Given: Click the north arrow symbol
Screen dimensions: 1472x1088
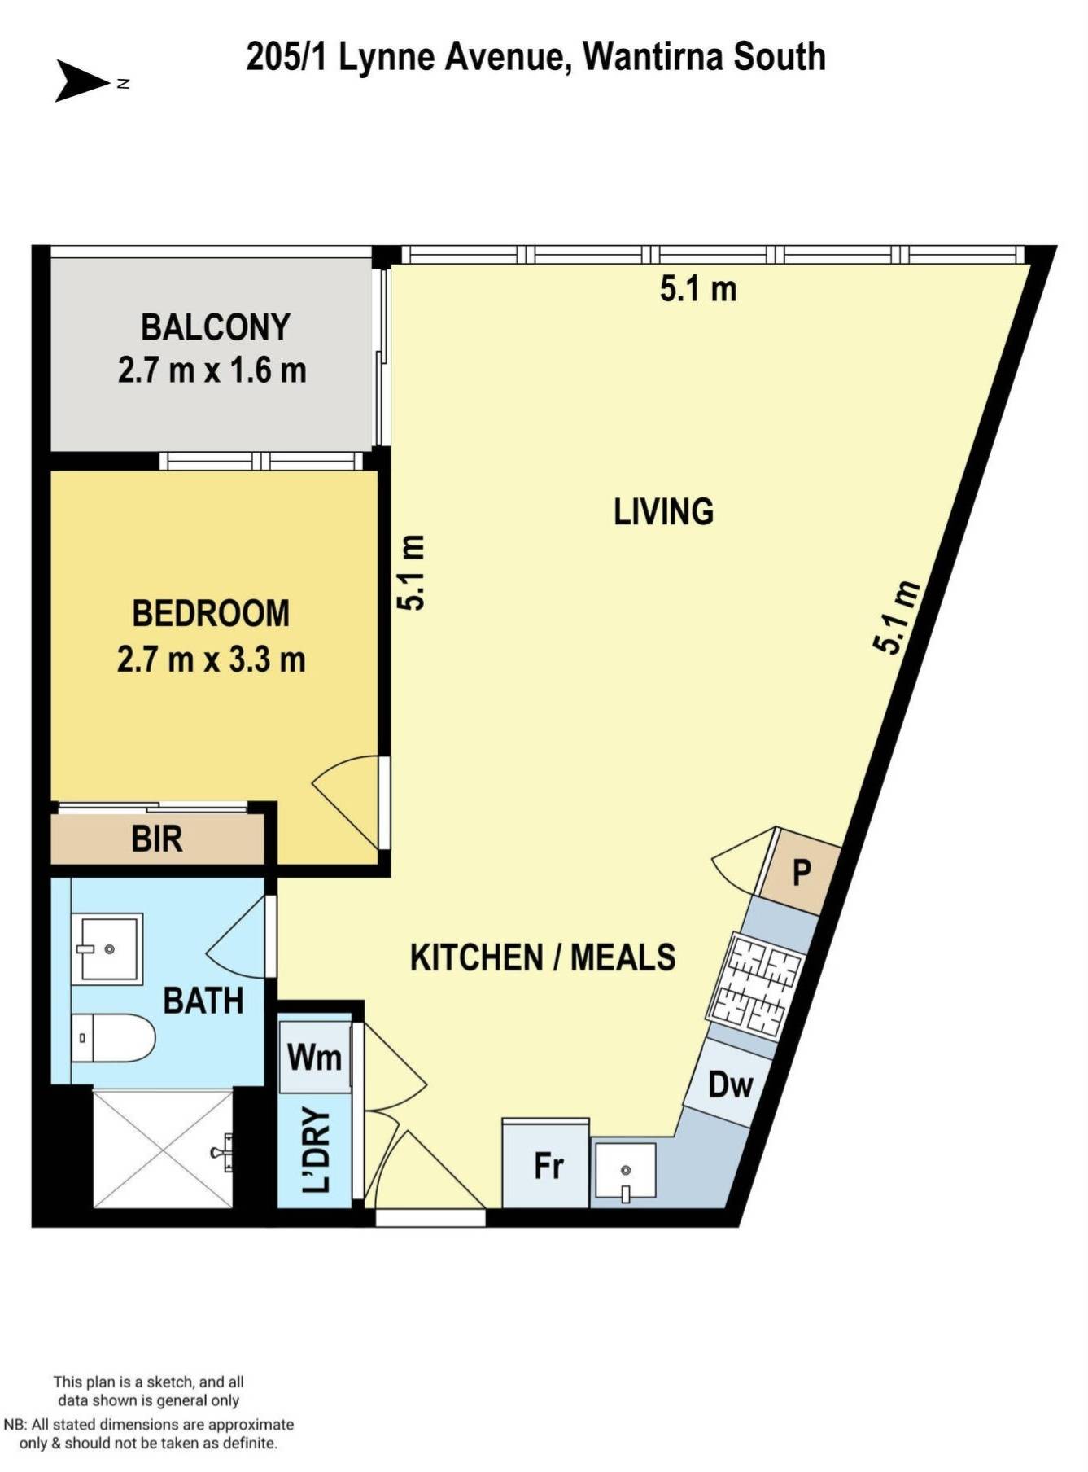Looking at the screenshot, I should [81, 81].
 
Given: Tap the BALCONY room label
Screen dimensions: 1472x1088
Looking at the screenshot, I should [215, 327].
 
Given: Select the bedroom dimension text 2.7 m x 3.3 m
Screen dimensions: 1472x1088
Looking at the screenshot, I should [211, 659].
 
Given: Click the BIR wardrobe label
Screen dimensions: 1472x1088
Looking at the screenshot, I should [157, 839].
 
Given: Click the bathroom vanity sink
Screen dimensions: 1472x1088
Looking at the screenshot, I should [107, 948].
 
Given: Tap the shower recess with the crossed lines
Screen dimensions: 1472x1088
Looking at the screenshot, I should [163, 1149].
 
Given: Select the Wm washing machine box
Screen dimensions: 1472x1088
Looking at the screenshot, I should [314, 1058].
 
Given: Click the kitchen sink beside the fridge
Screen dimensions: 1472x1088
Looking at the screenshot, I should [625, 1172].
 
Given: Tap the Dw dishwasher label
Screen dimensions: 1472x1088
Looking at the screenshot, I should [730, 1084].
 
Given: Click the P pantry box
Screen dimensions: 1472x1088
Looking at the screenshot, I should [801, 873].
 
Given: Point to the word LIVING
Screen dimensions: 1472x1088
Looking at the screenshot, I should [663, 512].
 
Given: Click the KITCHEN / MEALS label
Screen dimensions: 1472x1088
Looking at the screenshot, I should [543, 957].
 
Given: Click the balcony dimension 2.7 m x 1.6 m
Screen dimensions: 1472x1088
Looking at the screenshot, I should [212, 371].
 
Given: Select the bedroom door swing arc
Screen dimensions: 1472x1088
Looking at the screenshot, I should [346, 802].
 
